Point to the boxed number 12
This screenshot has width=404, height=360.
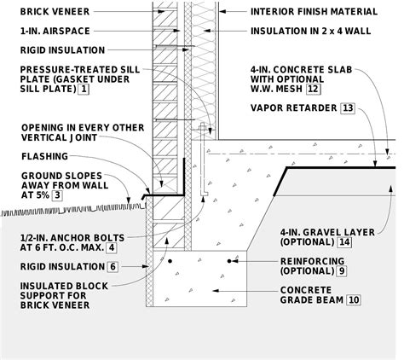click(x=315, y=88)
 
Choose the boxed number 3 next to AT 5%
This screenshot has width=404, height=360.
click(x=56, y=195)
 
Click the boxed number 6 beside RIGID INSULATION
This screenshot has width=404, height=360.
click(x=112, y=266)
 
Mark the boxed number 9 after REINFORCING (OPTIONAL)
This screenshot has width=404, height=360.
click(x=342, y=270)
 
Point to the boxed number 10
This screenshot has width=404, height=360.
click(x=354, y=299)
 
